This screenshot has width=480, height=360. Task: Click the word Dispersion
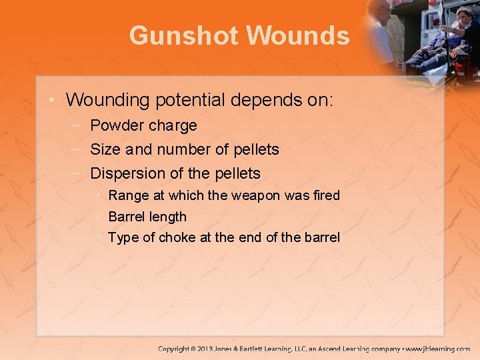coord(127,173)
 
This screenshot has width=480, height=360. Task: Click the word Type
coord(123,237)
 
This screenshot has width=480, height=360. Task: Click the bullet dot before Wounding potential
coord(52,101)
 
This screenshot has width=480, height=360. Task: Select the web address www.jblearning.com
coord(439,349)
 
